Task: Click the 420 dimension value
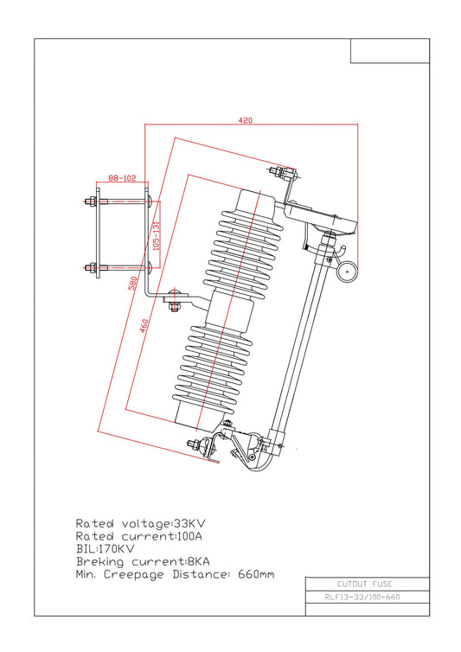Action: point(245,120)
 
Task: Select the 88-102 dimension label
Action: point(122,178)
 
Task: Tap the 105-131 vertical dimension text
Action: point(157,235)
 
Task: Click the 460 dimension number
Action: point(144,326)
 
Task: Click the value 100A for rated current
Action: point(189,536)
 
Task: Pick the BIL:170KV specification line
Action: point(106,549)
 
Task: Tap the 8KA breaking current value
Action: point(198,562)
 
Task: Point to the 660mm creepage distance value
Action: point(256,575)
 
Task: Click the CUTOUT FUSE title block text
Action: point(364,584)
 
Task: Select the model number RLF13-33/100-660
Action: point(362,598)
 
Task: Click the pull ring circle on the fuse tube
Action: point(347,272)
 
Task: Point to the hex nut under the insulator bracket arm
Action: point(174,307)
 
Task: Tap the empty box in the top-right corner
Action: point(390,51)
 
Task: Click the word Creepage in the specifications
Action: point(133,575)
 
